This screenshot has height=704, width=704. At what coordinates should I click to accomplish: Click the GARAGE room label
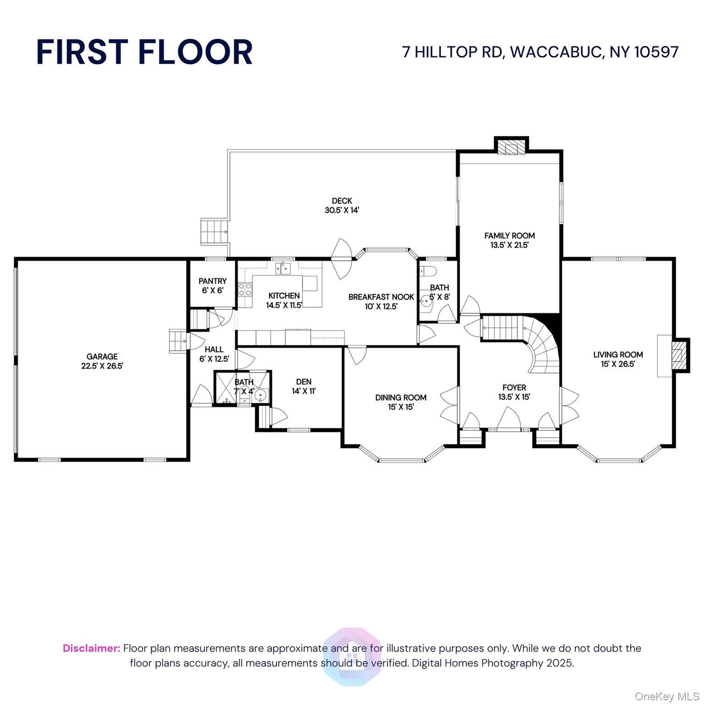102,361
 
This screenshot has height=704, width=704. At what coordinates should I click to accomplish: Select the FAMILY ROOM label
510,240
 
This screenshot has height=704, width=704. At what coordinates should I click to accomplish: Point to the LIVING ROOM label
618,359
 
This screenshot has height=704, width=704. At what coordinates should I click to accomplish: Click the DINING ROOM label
401,402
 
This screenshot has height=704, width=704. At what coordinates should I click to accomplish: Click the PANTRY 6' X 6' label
213,286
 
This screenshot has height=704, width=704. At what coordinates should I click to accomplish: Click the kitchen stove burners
245,289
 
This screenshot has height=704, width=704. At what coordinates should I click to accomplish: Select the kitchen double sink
283,268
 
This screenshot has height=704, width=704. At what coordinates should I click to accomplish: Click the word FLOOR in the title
195,52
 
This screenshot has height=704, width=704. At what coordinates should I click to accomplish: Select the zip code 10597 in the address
656,52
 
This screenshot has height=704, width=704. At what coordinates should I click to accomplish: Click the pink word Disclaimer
92,648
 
